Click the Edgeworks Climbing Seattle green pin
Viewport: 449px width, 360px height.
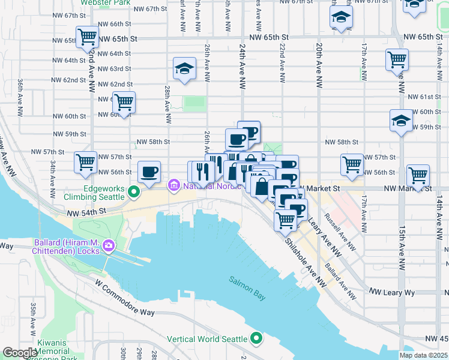point(134,193)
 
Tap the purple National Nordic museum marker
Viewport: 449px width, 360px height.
point(174,185)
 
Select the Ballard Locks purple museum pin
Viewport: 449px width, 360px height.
point(109,245)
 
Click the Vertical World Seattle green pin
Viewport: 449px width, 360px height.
point(257,339)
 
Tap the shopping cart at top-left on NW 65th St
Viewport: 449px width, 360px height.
point(87,37)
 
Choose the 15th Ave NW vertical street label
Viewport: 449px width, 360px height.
point(401,240)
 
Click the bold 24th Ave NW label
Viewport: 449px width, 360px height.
point(243,66)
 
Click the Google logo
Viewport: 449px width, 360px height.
point(20,352)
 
